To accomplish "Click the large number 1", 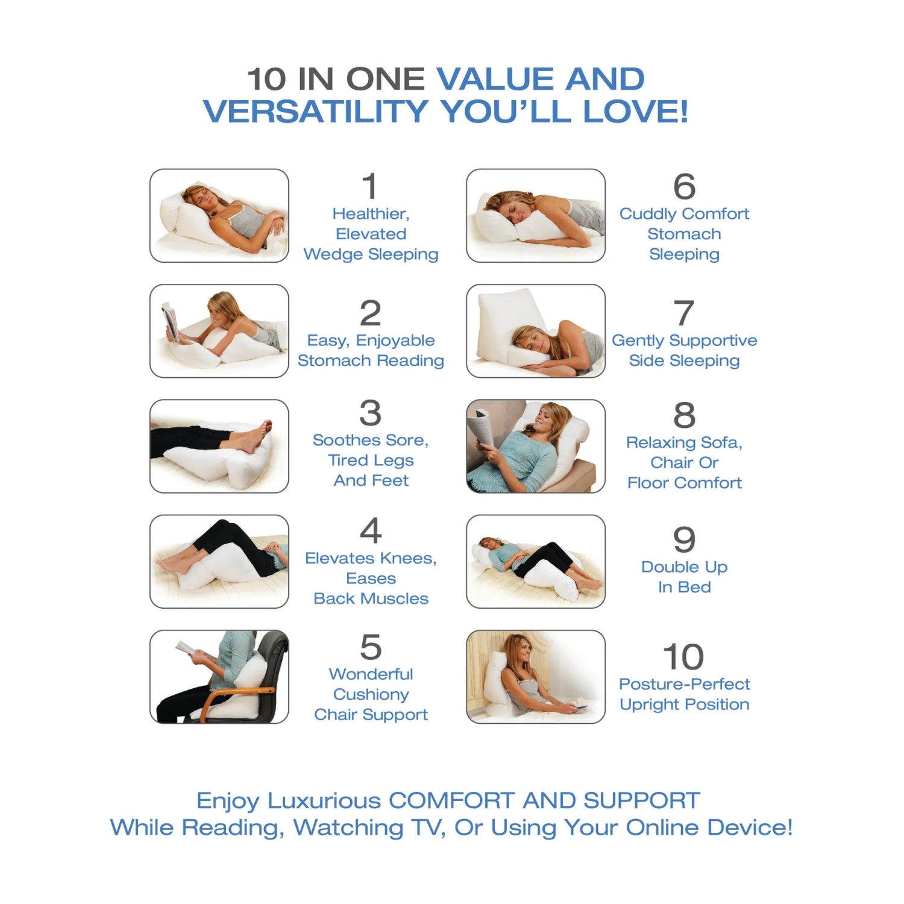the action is (371, 186).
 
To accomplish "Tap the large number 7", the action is (684, 313).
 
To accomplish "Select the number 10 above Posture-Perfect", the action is (683, 656).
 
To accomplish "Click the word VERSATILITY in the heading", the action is (316, 111).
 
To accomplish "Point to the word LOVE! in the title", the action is (635, 111).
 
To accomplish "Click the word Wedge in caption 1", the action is (333, 255).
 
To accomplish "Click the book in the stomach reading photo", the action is (171, 321).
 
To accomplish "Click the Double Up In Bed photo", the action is (536, 562).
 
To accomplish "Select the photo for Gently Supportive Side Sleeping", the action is (536, 331).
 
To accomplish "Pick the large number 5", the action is (371, 647).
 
